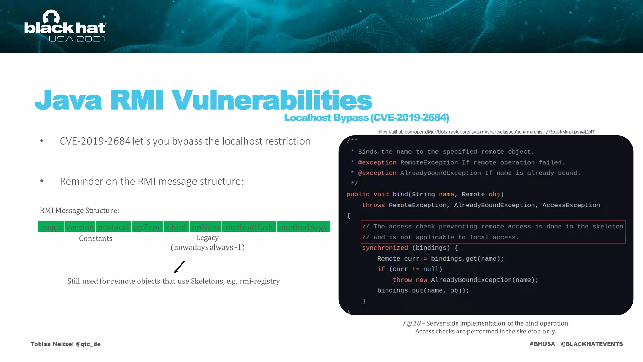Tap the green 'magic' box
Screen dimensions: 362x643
pos(51,227)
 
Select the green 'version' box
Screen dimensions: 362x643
pos(80,227)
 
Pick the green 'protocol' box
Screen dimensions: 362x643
pos(113,227)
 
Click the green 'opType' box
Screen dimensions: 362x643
pos(147,227)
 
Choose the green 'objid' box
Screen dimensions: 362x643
pos(176,227)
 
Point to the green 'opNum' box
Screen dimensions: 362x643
pos(205,227)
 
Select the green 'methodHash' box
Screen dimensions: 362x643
pos(249,227)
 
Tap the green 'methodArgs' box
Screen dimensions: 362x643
pos(303,227)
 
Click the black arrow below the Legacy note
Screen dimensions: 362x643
pos(179,267)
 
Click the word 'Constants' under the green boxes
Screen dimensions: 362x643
pos(95,239)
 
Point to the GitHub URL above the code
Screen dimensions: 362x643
pos(486,132)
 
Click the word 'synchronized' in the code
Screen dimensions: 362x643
pos(385,248)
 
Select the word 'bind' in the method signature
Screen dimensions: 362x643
pos(400,194)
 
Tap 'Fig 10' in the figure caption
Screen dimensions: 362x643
pos(411,323)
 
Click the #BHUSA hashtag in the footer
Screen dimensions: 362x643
pos(542,344)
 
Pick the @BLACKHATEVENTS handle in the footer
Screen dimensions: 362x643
pos(592,344)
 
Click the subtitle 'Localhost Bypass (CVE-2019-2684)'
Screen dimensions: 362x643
pos(366,118)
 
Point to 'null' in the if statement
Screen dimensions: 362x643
pos(430,269)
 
